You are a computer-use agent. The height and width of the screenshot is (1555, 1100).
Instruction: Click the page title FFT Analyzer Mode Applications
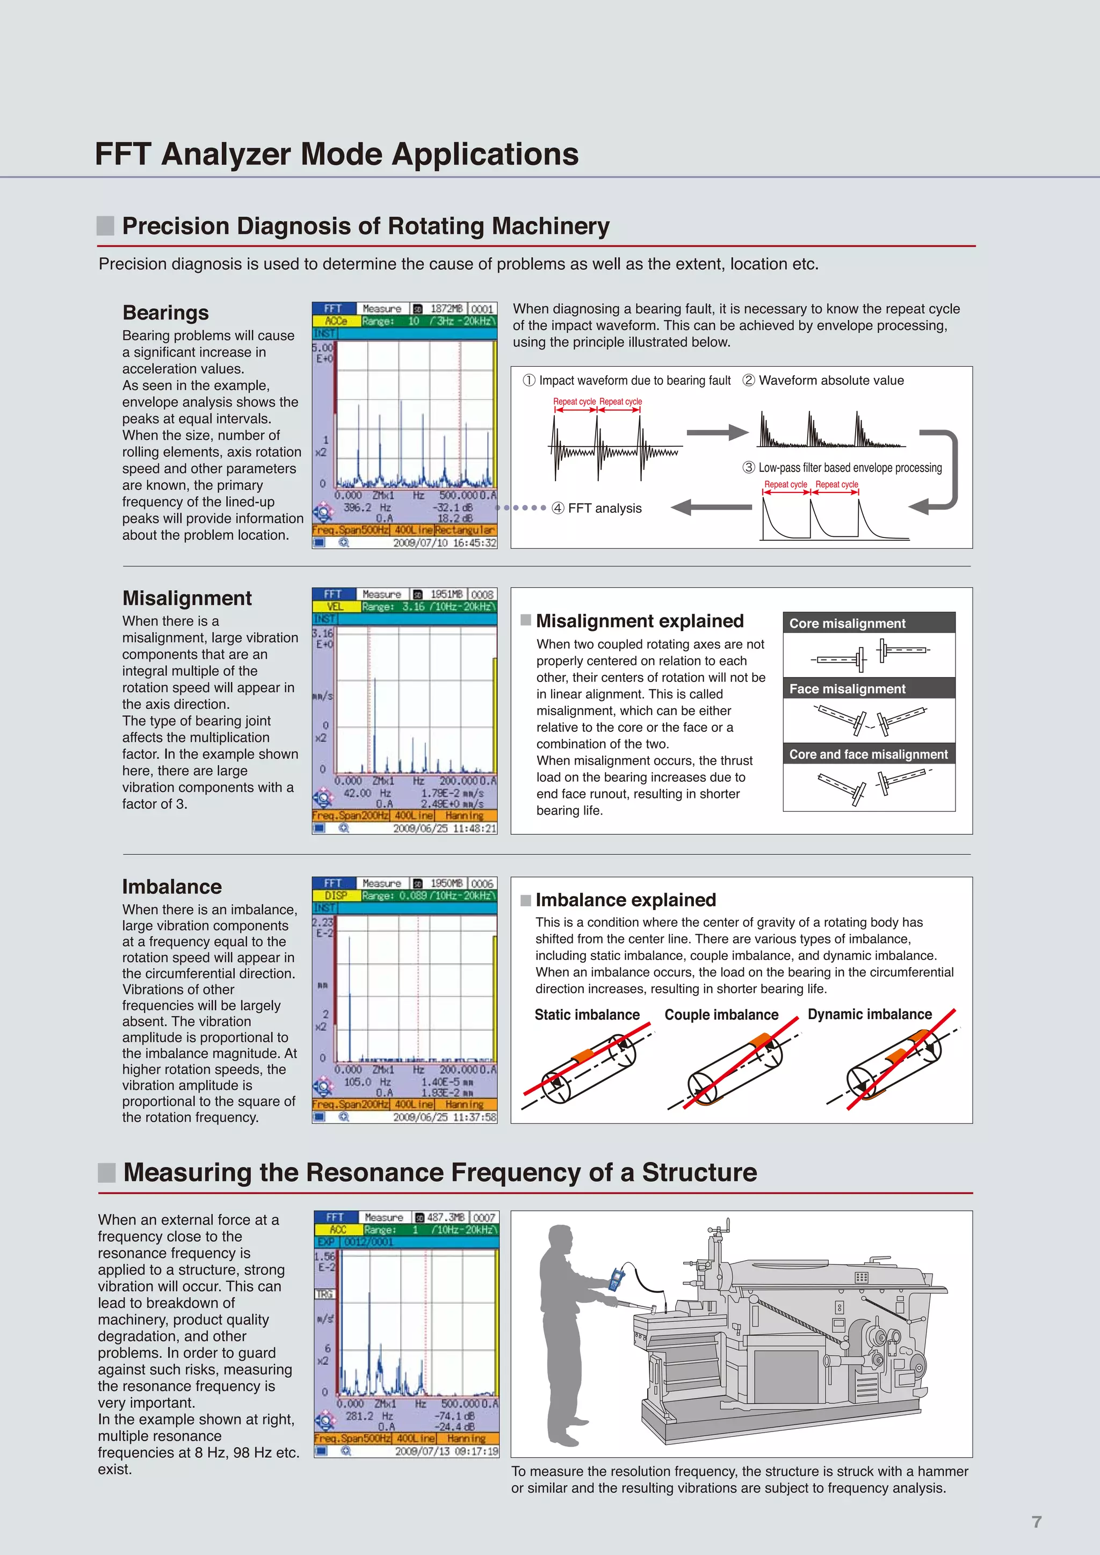coord(337,154)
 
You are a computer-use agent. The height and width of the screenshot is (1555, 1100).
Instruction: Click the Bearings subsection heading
coord(166,313)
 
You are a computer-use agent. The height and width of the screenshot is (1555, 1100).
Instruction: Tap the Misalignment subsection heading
coord(187,598)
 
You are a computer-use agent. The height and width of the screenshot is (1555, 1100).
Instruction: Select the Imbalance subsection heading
coord(172,887)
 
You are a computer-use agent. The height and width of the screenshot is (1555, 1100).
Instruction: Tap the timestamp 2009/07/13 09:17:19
coord(446,1451)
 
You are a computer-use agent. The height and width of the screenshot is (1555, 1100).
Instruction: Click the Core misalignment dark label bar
coord(869,623)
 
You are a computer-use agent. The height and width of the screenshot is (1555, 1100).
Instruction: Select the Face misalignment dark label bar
coord(869,689)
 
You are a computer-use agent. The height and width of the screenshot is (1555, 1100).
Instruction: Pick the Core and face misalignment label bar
coord(869,754)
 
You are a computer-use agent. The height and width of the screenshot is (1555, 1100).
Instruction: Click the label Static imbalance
coord(587,1014)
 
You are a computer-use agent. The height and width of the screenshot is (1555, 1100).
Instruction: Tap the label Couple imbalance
coord(721,1014)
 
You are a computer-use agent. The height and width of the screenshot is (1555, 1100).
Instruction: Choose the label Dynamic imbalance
coord(870,1014)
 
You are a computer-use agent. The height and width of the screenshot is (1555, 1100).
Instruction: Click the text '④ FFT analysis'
coord(597,508)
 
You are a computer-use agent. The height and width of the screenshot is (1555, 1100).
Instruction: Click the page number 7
coord(1036,1522)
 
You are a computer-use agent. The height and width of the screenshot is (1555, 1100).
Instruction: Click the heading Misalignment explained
coord(639,621)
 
